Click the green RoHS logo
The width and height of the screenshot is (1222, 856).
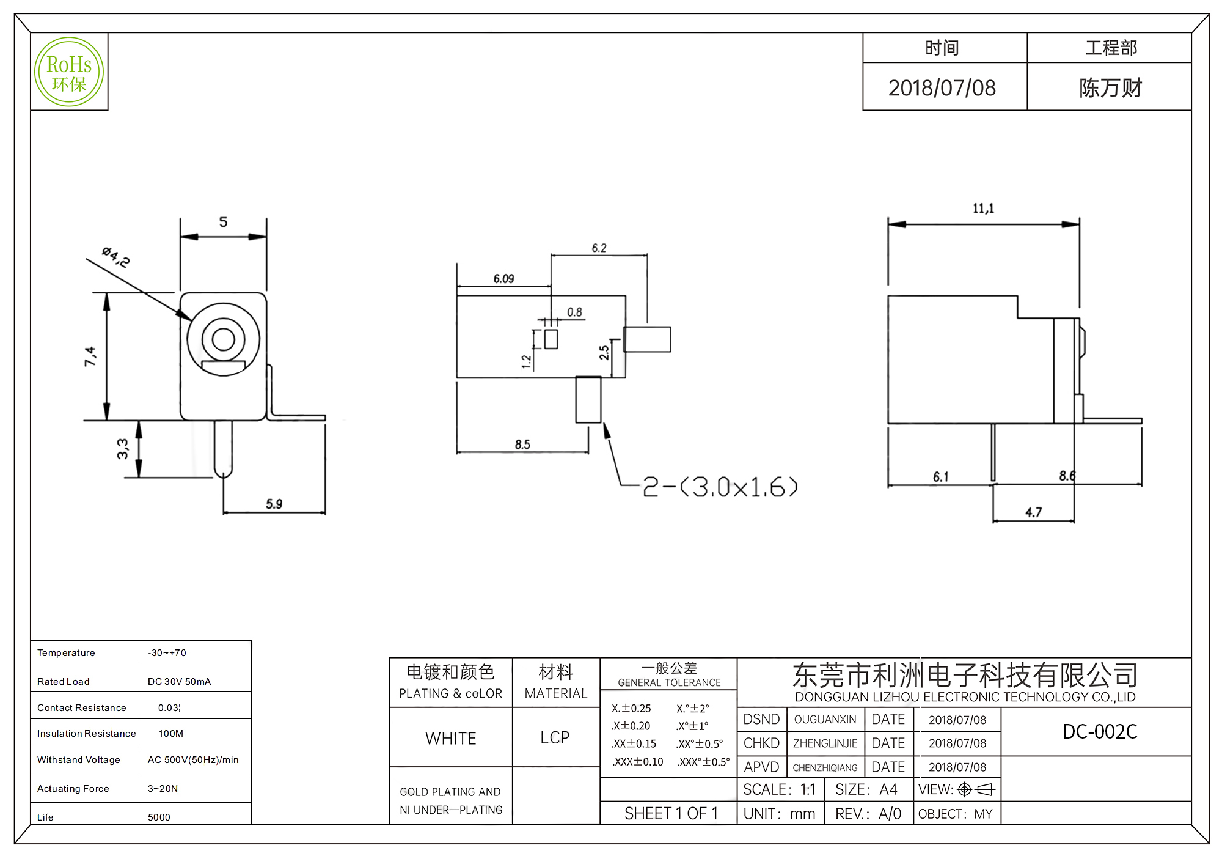[69, 72]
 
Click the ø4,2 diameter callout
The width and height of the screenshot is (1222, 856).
[115, 257]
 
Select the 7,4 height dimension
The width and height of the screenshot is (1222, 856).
[90, 356]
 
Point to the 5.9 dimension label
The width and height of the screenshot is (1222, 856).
[274, 504]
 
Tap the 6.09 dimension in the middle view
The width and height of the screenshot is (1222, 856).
[503, 279]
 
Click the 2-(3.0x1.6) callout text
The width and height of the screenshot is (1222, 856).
[720, 487]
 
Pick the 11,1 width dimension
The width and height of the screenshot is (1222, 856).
[983, 208]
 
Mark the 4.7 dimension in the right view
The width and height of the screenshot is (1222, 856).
[1033, 512]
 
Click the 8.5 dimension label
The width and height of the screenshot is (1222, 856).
[522, 445]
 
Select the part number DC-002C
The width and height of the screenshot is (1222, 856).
[1100, 731]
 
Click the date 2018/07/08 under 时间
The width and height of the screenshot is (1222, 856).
[942, 88]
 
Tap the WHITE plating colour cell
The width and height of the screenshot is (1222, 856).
[451, 739]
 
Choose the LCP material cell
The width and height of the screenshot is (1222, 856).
[555, 738]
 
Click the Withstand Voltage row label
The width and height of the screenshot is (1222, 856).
[79, 760]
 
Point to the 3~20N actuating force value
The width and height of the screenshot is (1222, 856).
[163, 789]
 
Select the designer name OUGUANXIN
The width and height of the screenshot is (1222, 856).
[825, 720]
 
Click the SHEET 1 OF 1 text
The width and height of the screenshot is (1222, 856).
[671, 814]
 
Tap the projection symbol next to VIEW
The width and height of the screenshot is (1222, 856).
[976, 790]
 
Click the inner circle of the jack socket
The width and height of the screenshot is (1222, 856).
[224, 339]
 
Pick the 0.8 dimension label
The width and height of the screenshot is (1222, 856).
[574, 312]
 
